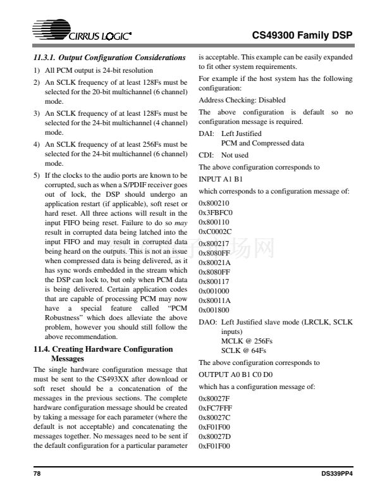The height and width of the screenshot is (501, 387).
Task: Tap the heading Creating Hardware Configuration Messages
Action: (x=102, y=353)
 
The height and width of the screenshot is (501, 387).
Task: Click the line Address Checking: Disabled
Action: (x=233, y=100)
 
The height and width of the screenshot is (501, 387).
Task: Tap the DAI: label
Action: (x=206, y=134)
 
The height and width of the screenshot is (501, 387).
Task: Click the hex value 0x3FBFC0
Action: (x=216, y=213)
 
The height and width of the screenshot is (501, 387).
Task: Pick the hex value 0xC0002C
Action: (x=216, y=232)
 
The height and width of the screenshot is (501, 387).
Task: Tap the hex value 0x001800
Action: (x=214, y=310)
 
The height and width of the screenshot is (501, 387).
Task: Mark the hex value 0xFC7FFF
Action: (x=216, y=408)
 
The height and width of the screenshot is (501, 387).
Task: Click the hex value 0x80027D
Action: (x=216, y=436)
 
